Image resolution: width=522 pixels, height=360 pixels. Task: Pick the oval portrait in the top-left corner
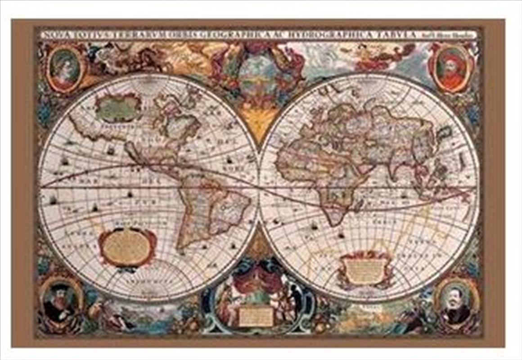65,69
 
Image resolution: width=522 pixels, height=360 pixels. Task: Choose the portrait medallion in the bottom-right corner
456,301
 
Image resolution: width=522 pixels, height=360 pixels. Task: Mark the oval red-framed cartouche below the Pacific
127,247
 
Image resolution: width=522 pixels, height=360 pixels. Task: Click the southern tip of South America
182,247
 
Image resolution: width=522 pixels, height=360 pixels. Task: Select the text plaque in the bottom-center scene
256,316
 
